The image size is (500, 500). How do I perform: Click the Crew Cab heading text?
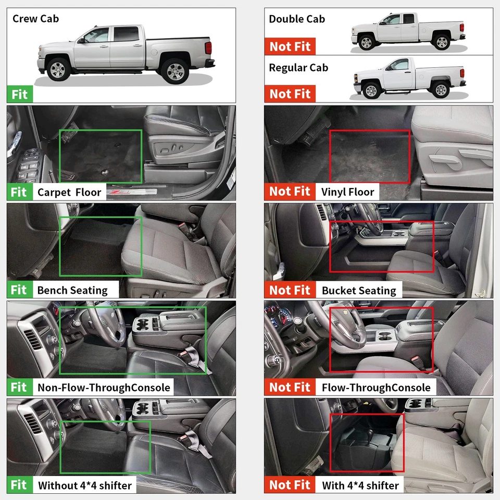pyautogui.click(x=35, y=19)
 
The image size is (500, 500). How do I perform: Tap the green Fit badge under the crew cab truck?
pyautogui.click(x=19, y=95)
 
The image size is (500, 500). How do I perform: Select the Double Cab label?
pyautogui.click(x=297, y=19)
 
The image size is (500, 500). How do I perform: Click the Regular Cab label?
pyautogui.click(x=298, y=68)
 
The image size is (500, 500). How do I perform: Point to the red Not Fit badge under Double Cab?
pyautogui.click(x=290, y=46)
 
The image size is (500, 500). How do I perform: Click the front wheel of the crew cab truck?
pyautogui.click(x=58, y=70)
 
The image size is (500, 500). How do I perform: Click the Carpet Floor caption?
pyautogui.click(x=69, y=192)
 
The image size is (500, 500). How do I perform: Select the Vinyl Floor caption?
pyautogui.click(x=347, y=192)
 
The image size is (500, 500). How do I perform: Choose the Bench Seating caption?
pyautogui.click(x=72, y=290)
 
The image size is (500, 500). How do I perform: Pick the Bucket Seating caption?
pyautogui.click(x=359, y=290)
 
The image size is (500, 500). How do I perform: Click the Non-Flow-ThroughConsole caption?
pyautogui.click(x=104, y=387)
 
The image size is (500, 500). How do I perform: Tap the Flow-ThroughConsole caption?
pyautogui.click(x=376, y=387)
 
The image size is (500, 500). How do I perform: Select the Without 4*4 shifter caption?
pyautogui.click(x=85, y=485)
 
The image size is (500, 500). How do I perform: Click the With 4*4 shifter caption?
pyautogui.click(x=360, y=485)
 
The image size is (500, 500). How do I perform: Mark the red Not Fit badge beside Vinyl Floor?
pyautogui.click(x=290, y=192)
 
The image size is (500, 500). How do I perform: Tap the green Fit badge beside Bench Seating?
pyautogui.click(x=19, y=290)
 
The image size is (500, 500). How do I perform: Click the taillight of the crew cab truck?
pyautogui.click(x=208, y=49)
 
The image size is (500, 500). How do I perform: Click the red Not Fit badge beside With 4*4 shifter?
pyautogui.click(x=290, y=485)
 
